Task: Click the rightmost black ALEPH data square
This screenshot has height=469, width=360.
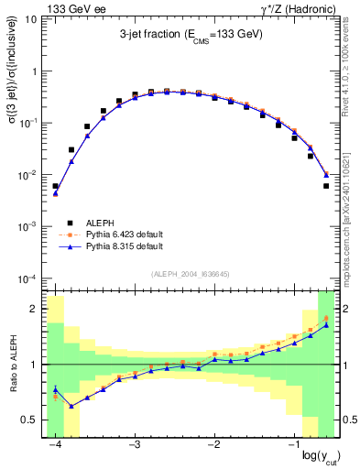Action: point(326,186)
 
